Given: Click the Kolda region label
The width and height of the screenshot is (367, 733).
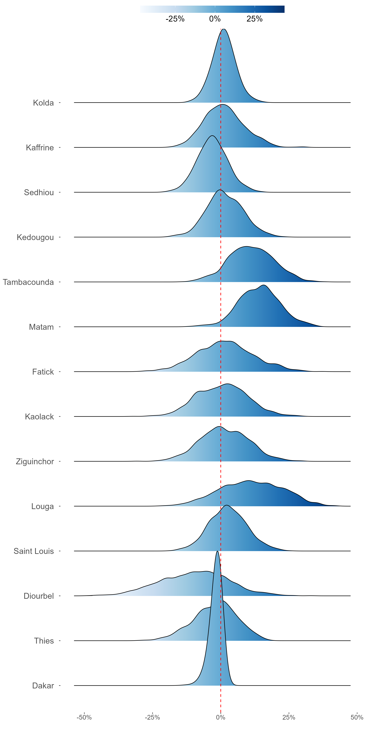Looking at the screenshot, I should click(43, 103).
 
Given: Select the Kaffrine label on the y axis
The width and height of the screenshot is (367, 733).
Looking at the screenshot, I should click(40, 148).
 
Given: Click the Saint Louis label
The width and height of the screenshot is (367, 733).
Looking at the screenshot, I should click(34, 551).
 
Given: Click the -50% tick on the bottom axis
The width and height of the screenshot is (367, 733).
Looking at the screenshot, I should click(84, 717).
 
